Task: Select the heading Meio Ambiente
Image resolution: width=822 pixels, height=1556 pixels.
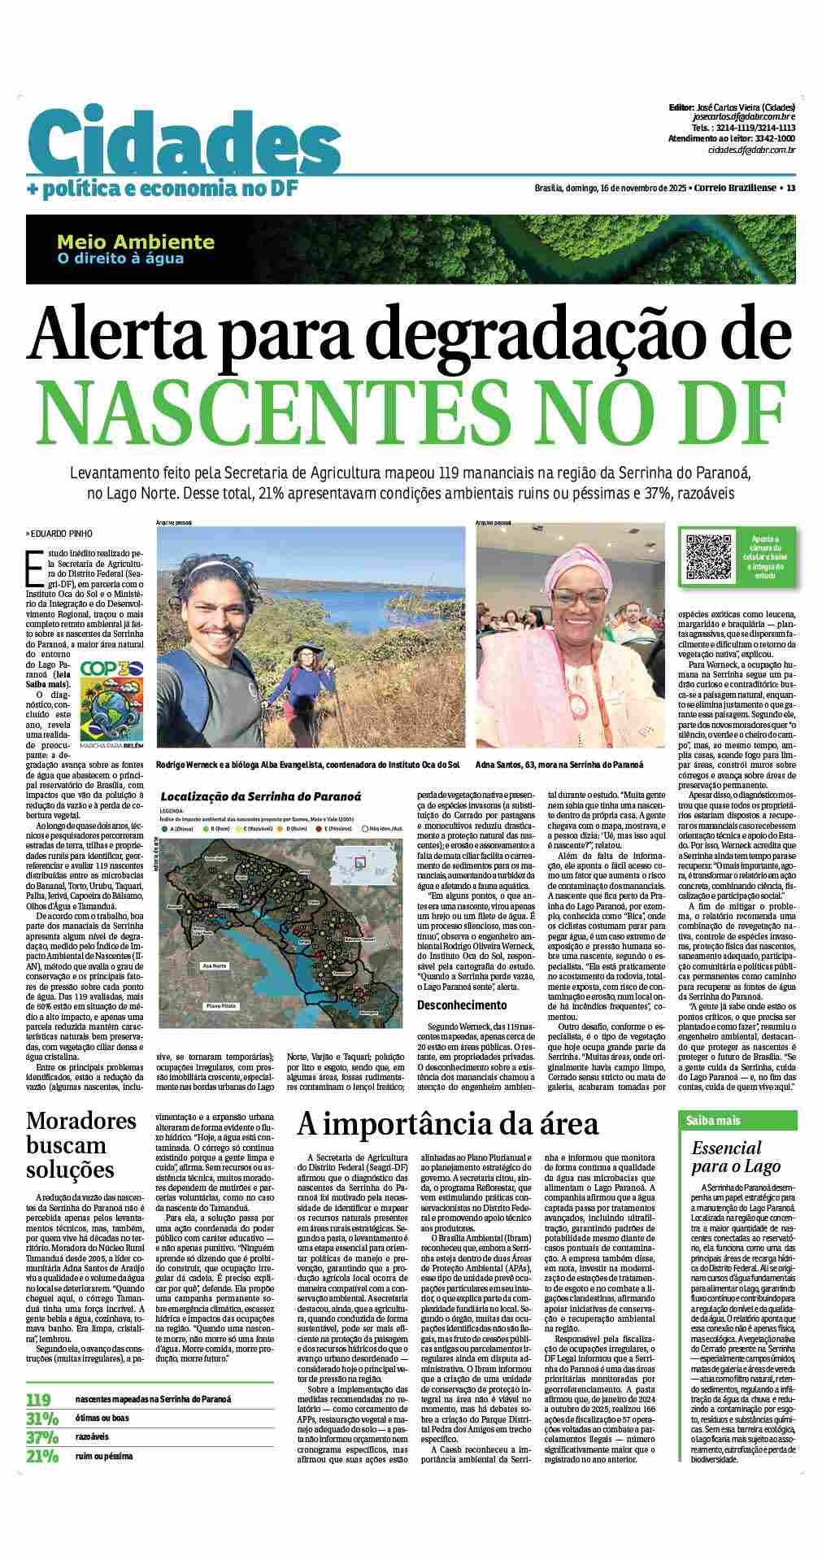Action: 136,242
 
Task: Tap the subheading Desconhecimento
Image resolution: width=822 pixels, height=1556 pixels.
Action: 463,1005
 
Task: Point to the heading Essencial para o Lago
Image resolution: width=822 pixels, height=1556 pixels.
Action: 726,1157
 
